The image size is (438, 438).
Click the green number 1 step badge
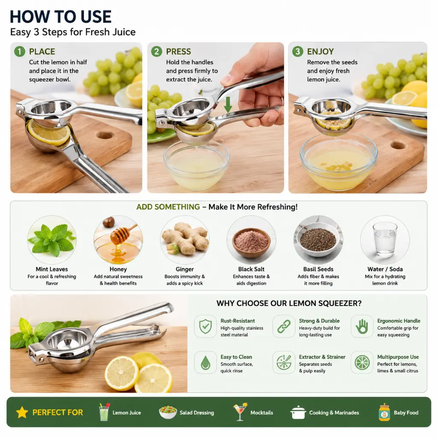[20, 51]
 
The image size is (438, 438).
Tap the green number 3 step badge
[298, 51]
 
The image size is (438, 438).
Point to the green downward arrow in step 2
[228, 105]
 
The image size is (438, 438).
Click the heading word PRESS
[178, 52]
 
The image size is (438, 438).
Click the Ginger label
[185, 269]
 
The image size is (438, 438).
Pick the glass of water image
[385, 240]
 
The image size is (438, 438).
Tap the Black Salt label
[251, 269]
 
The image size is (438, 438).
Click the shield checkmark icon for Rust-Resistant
[205, 326]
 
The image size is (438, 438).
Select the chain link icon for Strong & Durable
[284, 326]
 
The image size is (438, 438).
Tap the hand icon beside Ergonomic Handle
[362, 326]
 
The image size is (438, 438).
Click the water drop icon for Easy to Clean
[206, 363]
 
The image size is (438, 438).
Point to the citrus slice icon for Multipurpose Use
[362, 363]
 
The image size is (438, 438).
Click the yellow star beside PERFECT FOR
[22, 412]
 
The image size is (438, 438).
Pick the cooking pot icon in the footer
[298, 412]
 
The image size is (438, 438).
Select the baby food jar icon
[385, 412]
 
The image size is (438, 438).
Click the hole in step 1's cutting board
[105, 136]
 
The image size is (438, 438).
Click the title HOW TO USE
[61, 17]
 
